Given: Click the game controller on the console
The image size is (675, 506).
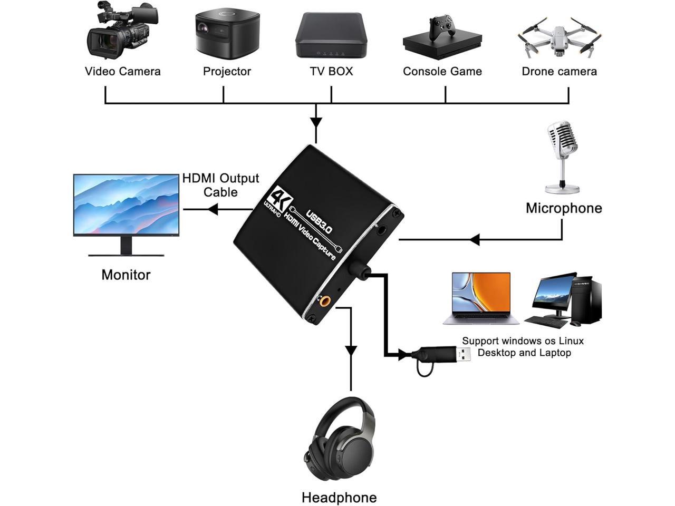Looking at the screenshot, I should point(441,27).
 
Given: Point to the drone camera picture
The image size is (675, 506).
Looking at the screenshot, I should point(559,37).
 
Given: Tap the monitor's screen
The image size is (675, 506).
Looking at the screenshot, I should point(126,205).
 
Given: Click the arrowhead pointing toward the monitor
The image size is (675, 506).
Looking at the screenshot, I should point(213,210).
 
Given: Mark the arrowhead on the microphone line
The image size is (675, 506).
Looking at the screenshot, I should point(474,240).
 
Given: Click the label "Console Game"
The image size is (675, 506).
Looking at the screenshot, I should point(442,72).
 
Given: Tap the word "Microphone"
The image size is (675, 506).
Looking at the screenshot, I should point(564,208).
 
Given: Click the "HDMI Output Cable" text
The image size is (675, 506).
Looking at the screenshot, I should point(220,185).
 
